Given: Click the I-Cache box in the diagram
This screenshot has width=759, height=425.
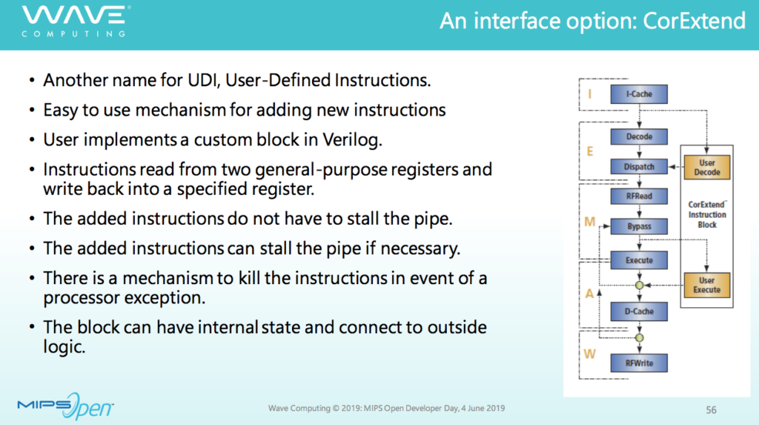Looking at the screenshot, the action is coord(639,94).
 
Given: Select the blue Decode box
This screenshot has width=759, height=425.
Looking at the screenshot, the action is coord(639,136).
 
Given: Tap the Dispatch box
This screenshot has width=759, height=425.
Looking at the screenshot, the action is coord(639,167).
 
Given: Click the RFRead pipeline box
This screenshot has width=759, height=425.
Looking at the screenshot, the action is coord(639,197).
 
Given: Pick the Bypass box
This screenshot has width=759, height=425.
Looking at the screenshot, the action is coord(639,226).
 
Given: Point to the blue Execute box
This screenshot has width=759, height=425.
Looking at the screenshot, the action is coord(639,260).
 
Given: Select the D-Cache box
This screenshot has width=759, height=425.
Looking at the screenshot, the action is coord(639,312).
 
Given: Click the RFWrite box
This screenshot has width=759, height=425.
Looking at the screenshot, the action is coord(639,363).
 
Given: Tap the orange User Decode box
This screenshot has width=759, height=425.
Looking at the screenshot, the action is coord(706,167).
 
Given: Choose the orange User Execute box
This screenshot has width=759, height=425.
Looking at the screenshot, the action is coord(706,285).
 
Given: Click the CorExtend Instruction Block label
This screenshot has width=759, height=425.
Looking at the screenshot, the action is coord(707,214).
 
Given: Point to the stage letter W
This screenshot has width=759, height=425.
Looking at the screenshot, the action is coord(589,354).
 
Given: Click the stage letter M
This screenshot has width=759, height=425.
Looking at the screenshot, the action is coord(589,222).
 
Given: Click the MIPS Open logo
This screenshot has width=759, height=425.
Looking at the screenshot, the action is coord(65,406).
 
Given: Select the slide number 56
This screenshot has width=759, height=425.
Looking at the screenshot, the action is coord(711,410).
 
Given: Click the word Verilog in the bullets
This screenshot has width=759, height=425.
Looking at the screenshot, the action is coord(352,140).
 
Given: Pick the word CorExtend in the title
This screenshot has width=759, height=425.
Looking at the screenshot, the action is coord(694,21).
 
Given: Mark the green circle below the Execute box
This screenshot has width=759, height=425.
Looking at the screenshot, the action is coord(640,286).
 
